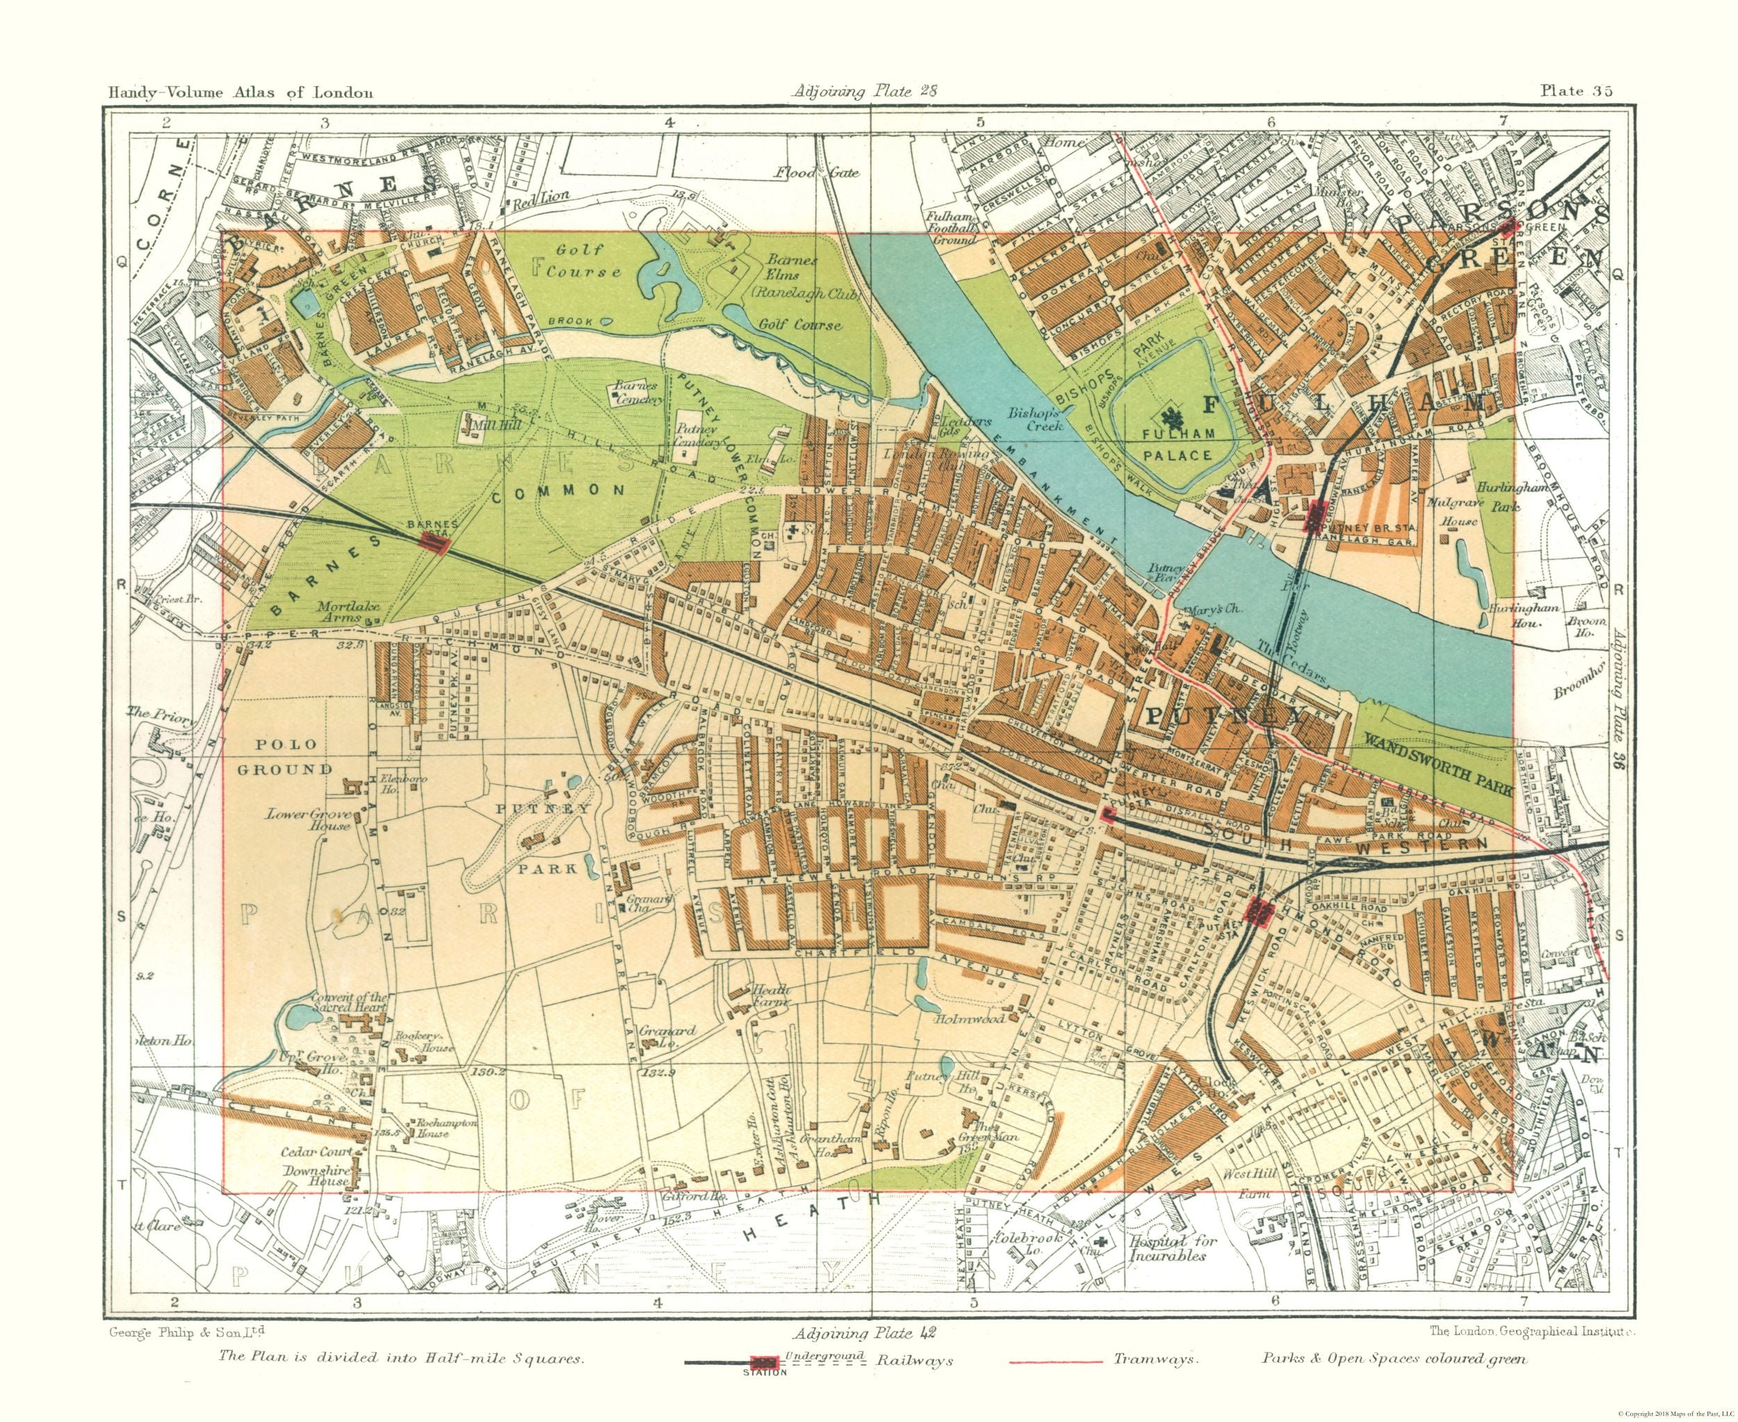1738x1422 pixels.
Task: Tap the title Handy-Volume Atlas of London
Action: (241, 92)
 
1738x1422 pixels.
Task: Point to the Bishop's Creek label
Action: (1034, 419)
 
